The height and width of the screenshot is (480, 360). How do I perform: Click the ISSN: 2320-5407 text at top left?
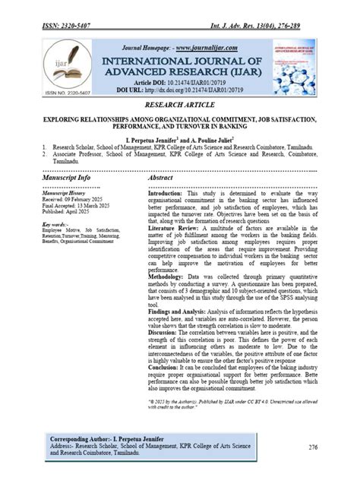[x=68, y=27]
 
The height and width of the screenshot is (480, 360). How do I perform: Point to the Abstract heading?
[x=164, y=177]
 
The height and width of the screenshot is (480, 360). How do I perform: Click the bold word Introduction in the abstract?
[x=169, y=194]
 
